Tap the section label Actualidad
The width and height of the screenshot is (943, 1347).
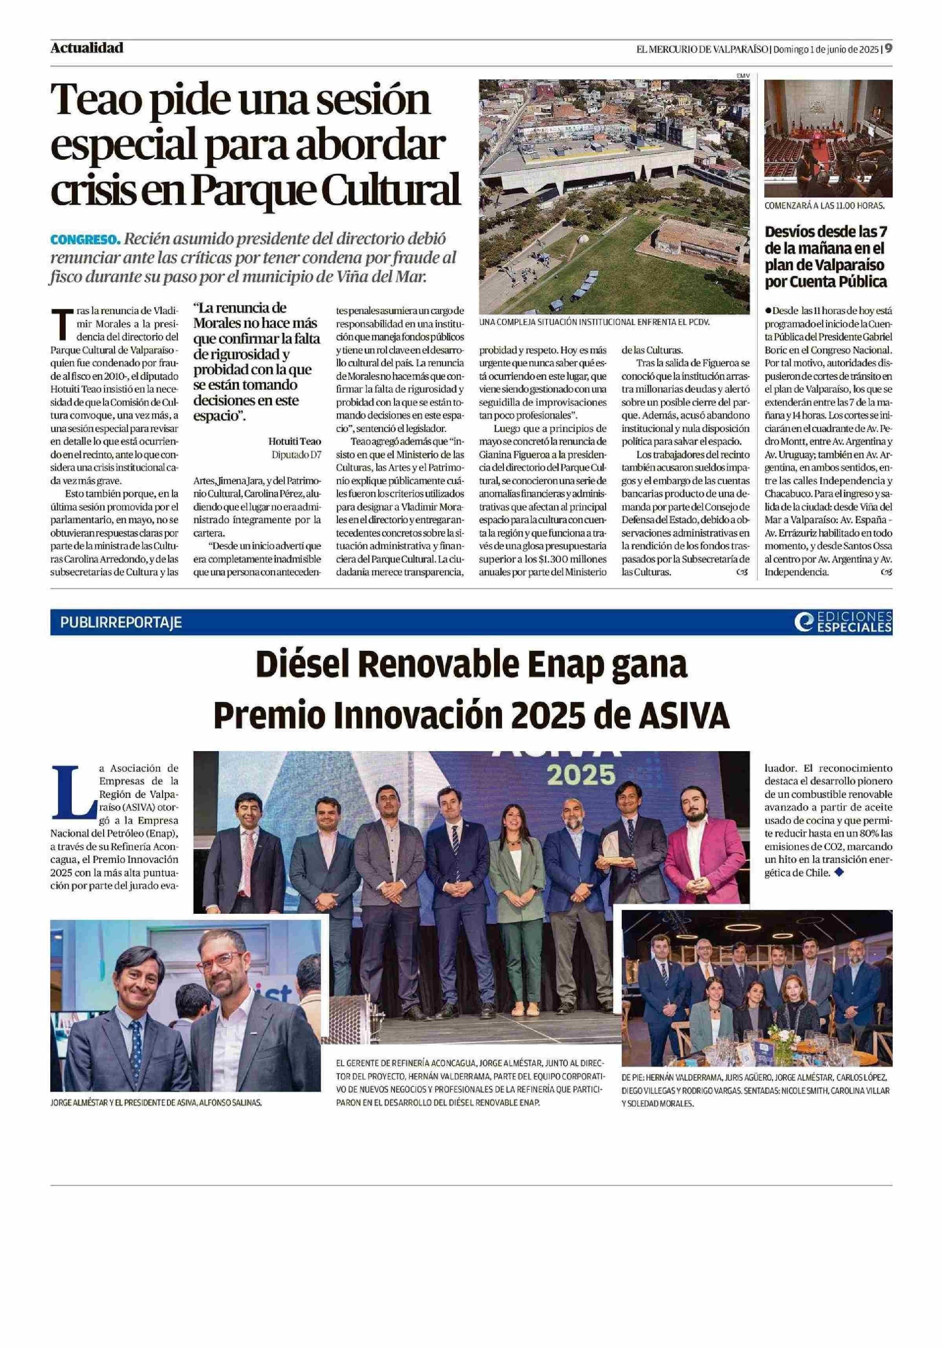pyautogui.click(x=87, y=48)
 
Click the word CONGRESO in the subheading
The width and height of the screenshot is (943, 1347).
pyautogui.click(x=84, y=240)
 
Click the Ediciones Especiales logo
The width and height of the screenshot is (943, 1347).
pyautogui.click(x=843, y=622)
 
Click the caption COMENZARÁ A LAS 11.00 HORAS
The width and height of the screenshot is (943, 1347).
pyautogui.click(x=824, y=206)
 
